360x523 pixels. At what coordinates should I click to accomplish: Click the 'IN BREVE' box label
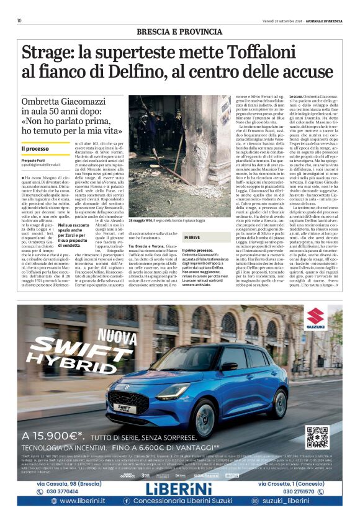pyautogui.click(x=192, y=238)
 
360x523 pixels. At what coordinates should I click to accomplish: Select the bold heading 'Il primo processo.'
pyautogui.click(x=199, y=250)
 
